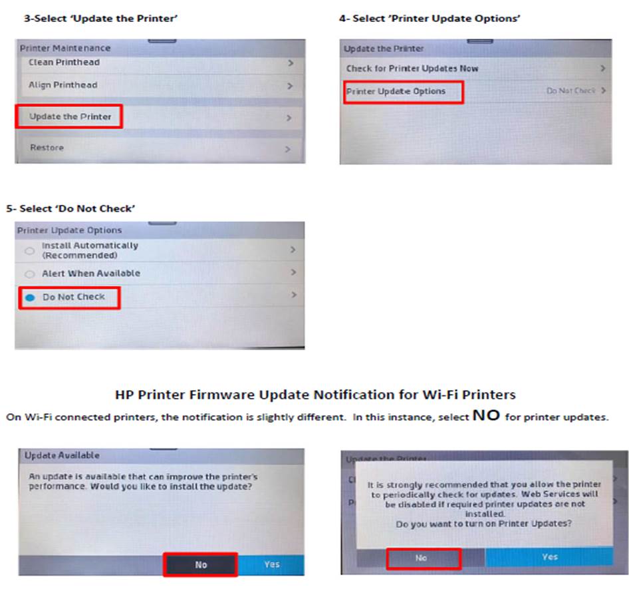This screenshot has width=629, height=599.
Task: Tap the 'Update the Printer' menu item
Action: point(70,116)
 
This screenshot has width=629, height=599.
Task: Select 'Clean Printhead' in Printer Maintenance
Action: point(64,62)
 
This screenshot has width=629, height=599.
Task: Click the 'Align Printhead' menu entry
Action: point(63,85)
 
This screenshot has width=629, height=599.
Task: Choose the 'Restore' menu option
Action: point(47,147)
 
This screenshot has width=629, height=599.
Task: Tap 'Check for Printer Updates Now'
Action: point(412,69)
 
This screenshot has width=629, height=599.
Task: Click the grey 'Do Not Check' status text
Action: point(571,91)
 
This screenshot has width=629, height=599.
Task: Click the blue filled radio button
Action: point(30,298)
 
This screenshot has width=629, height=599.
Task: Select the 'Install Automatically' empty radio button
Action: point(29,251)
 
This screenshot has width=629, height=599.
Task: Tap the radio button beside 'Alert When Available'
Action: point(29,274)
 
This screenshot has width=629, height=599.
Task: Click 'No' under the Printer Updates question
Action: point(421,558)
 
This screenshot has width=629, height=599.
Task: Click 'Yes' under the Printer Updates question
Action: point(550,557)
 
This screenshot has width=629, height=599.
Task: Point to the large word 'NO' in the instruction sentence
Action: point(486,415)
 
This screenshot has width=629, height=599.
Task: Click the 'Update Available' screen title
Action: point(62,455)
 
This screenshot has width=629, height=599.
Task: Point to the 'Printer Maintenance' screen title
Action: point(65,48)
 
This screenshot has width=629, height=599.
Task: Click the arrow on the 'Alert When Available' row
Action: point(294,272)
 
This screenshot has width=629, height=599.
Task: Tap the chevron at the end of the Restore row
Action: point(288,149)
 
